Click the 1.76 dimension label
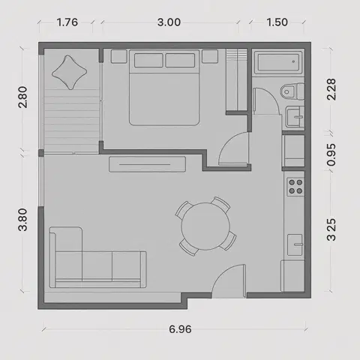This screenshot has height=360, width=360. pos(67,22)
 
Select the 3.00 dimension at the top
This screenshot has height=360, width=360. pos(169,22)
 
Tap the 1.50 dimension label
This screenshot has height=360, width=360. pos(277,22)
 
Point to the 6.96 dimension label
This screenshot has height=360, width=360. pos(180,329)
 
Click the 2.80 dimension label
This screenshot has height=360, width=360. pos(22,97)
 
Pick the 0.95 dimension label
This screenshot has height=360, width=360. pos(331,154)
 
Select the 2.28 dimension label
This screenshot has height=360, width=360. pos(331,89)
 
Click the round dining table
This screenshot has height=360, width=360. pos(205,226)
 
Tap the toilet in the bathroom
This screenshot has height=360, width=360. pos(292,91)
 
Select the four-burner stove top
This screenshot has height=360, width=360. pos(295,187)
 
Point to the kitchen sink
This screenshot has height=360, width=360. pos(295,244)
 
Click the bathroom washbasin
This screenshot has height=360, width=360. pos(295,117)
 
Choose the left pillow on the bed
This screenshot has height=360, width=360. pos(148,60)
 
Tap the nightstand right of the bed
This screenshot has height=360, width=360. pos(210,56)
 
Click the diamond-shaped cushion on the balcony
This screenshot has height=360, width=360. pos(70,73)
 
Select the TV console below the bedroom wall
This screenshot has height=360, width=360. pos(147,164)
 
